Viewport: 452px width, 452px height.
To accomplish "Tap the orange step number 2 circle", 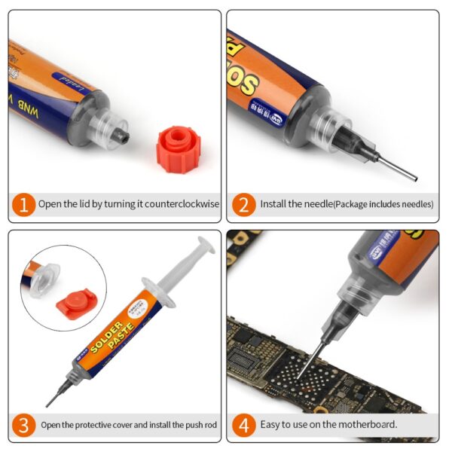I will (243, 204).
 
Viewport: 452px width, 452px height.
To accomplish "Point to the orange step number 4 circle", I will (243, 426).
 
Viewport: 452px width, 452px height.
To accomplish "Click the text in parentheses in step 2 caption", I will (384, 204).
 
